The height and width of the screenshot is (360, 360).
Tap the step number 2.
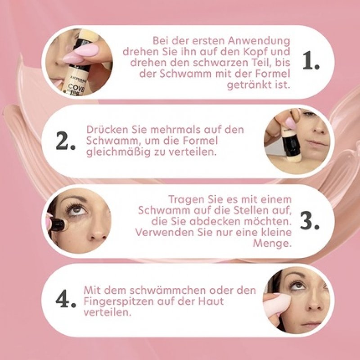65,141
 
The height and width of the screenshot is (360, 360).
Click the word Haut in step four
211,301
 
